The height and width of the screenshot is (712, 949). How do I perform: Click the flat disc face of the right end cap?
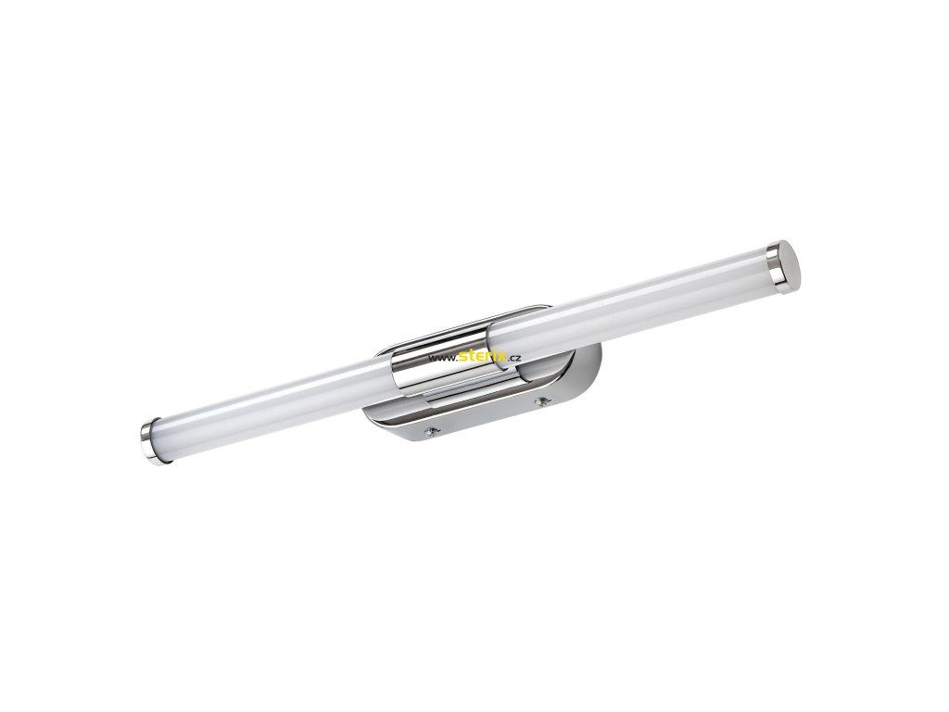pos(789,267)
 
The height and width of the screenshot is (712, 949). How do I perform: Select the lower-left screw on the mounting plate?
pos(431,431)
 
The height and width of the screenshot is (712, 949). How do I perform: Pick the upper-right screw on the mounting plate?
pos(541,400)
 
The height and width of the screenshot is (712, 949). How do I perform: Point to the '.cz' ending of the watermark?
pos(514,358)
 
